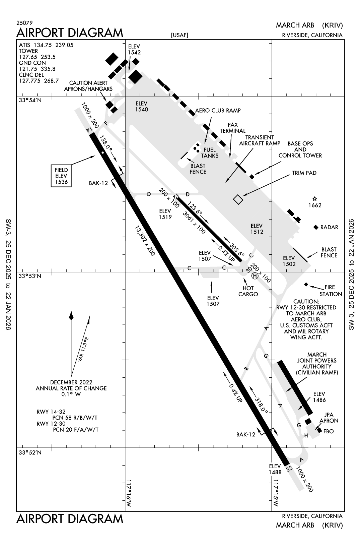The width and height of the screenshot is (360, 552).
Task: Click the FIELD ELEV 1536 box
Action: [61, 176]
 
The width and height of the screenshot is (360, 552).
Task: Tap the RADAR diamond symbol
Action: [315, 227]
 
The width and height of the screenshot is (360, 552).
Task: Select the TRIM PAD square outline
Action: [238, 199]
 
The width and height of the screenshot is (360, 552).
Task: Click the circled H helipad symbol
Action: [255, 276]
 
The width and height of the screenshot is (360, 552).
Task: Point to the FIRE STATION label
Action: [331, 291]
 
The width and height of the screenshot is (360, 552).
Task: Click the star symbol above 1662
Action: [314, 199]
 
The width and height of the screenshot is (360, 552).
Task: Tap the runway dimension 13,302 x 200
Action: [145, 241]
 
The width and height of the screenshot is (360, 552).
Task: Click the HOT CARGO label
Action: [248, 291]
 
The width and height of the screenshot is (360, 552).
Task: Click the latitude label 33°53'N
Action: [30, 276]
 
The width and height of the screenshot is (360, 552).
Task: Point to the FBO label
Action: [329, 431]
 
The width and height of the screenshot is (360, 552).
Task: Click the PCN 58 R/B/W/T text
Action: [75, 418]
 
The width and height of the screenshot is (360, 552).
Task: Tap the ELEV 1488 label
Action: [275, 469]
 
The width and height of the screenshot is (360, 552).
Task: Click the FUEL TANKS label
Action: [210, 153]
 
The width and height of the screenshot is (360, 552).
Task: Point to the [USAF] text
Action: [179, 36]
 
